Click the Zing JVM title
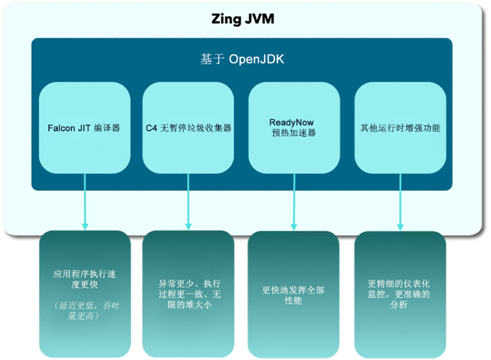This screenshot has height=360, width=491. click(242, 19)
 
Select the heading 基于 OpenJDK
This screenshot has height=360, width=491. click(242, 59)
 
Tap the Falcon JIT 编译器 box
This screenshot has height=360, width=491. click(84, 128)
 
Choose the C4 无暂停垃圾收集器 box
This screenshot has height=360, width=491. click(188, 128)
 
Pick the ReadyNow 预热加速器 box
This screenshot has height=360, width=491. click(294, 127)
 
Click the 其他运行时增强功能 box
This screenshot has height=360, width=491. click(400, 128)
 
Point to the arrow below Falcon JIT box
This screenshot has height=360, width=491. click(85, 201)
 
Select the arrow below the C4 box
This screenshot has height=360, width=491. click(188, 201)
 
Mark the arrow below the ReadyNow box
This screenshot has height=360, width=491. click(294, 201)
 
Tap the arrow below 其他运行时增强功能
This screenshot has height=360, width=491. click(400, 201)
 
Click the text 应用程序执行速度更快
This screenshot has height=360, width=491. click(85, 279)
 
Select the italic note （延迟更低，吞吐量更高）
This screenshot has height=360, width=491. click(85, 310)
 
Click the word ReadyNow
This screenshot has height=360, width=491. click(291, 122)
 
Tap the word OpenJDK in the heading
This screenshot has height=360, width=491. click(257, 59)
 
